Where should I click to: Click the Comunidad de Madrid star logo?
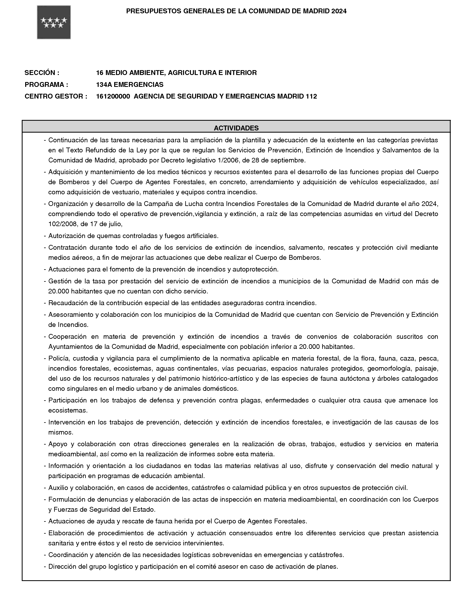pos(54,22)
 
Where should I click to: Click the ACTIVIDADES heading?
pos(236,128)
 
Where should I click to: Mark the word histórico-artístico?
pos(227,378)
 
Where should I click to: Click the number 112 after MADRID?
pos(311,96)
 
